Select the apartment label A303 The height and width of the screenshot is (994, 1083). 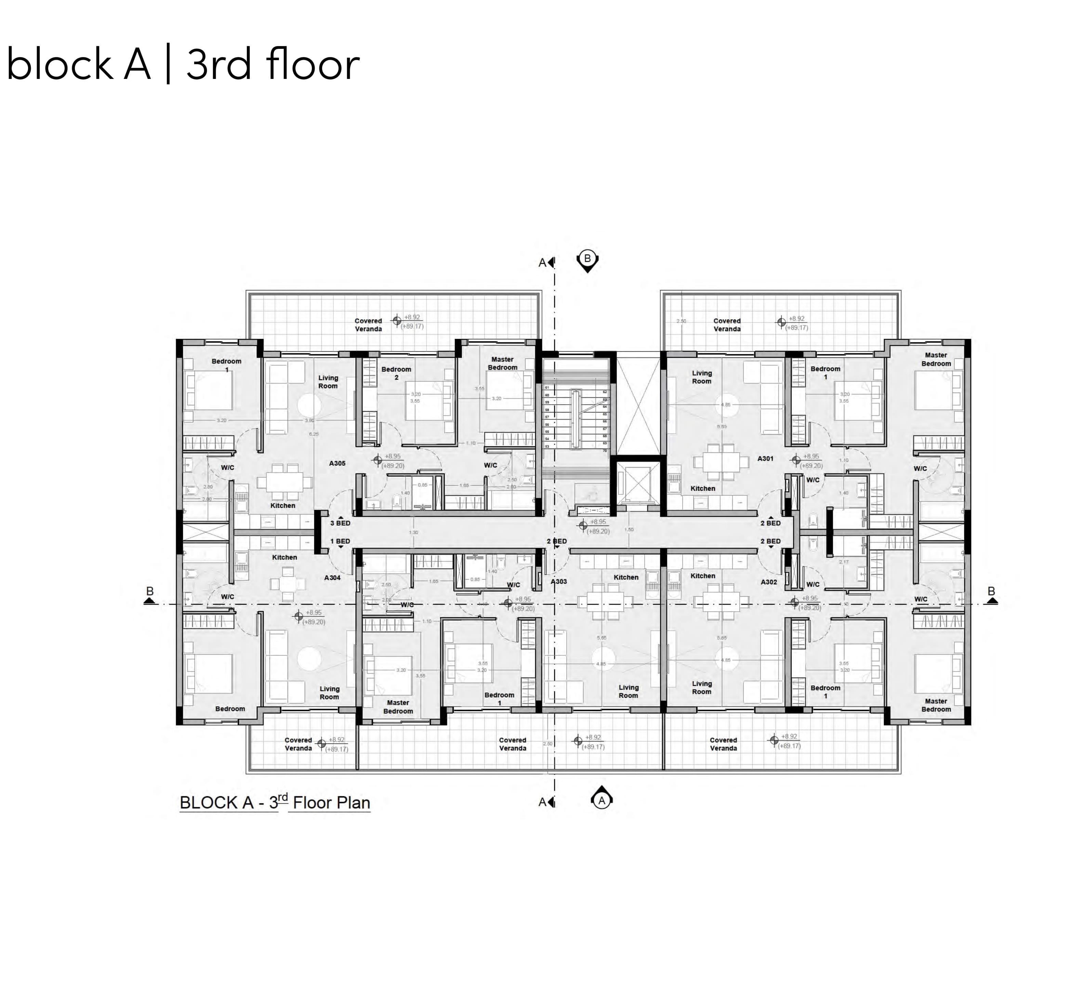[x=559, y=582]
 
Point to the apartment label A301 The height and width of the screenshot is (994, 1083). [x=765, y=459]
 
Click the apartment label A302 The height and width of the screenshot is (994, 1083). [x=769, y=582]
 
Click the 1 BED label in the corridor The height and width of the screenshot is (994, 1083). [x=340, y=541]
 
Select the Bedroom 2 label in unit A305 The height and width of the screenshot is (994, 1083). [x=396, y=373]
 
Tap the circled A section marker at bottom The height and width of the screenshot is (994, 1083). [x=602, y=800]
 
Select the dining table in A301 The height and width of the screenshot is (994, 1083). [x=721, y=462]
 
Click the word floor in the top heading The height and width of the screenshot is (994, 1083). [x=312, y=65]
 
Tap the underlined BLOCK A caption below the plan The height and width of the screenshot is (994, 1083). [x=229, y=803]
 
